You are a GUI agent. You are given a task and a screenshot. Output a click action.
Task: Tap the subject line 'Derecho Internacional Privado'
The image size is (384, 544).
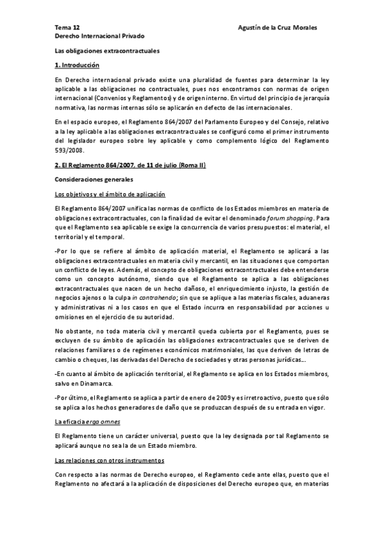(x=99, y=37)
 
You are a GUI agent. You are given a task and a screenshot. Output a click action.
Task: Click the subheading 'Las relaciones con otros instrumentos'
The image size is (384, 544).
(x=110, y=460)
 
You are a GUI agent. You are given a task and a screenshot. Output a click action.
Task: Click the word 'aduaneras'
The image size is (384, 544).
(x=312, y=299)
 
